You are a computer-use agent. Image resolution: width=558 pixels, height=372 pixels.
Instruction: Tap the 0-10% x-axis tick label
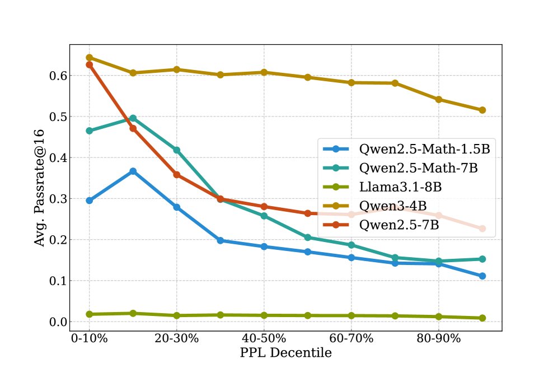point(89,339)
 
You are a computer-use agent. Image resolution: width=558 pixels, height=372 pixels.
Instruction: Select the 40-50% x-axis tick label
point(264,339)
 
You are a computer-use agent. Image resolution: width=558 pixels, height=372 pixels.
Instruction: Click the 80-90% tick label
point(438,339)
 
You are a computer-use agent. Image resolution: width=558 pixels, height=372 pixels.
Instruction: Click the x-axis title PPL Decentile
point(285,354)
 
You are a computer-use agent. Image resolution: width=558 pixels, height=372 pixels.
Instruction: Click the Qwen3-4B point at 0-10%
point(89,58)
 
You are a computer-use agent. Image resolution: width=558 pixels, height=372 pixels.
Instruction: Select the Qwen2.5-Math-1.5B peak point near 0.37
point(133,171)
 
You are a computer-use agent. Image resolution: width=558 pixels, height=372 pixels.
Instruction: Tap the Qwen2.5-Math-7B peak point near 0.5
point(133,118)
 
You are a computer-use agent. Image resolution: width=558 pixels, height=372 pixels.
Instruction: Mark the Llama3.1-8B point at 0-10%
point(89,314)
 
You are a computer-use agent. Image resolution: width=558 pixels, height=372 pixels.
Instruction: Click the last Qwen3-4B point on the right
point(482,110)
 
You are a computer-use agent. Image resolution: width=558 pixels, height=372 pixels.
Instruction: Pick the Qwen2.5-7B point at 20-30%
point(176,175)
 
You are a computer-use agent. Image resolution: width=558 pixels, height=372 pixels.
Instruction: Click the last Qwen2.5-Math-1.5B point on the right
point(482,276)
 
